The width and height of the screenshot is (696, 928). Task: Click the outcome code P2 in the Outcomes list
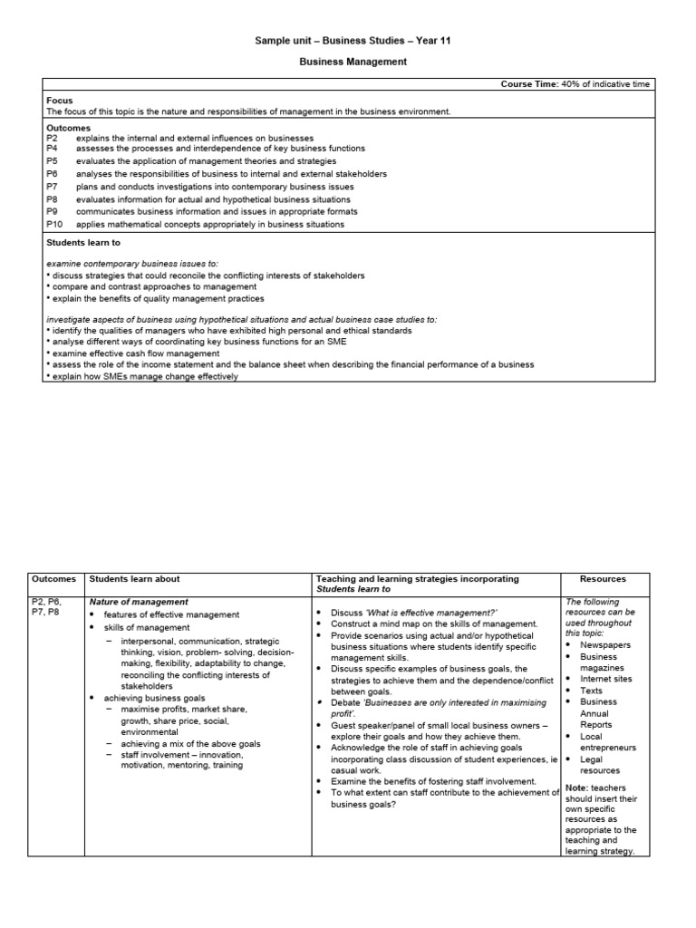53,138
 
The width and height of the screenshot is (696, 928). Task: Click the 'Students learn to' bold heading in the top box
83,243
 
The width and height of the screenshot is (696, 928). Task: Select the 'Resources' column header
603,579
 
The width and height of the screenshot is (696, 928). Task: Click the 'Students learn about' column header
134,579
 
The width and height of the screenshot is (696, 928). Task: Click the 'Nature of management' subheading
138,602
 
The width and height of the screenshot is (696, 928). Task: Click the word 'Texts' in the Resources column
592,691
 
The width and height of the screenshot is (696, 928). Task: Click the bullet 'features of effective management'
171,614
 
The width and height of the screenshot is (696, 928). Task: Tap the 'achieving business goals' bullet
154,697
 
